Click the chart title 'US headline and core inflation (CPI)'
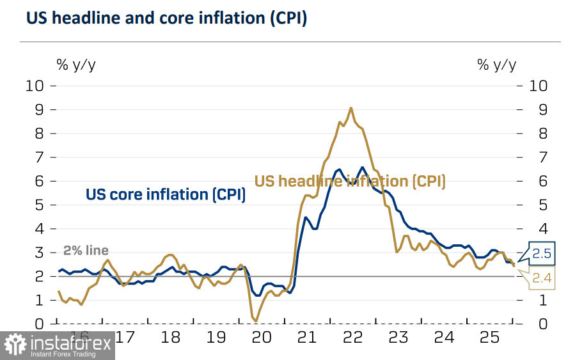(x=166, y=19)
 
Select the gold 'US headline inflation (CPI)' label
(x=350, y=182)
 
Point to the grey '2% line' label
(x=86, y=251)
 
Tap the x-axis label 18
(x=171, y=336)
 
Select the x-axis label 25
(x=490, y=336)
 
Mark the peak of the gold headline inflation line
(x=351, y=108)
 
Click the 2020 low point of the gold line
(x=256, y=320)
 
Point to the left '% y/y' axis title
(x=76, y=64)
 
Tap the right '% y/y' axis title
(x=496, y=64)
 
